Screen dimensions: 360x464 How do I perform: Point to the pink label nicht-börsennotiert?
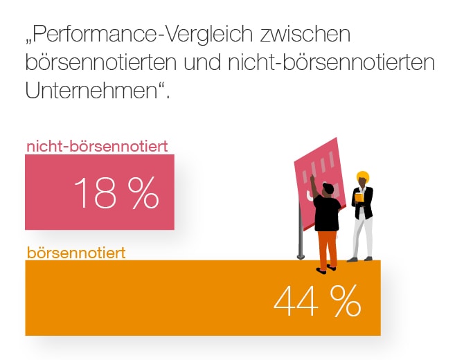(x=97, y=146)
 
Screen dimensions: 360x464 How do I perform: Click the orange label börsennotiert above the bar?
(x=76, y=253)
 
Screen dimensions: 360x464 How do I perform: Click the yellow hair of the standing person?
(x=362, y=176)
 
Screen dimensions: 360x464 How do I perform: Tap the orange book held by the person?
(x=359, y=198)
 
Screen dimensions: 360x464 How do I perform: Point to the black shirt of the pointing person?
(x=327, y=213)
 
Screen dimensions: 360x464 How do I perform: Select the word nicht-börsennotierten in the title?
(x=330, y=62)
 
